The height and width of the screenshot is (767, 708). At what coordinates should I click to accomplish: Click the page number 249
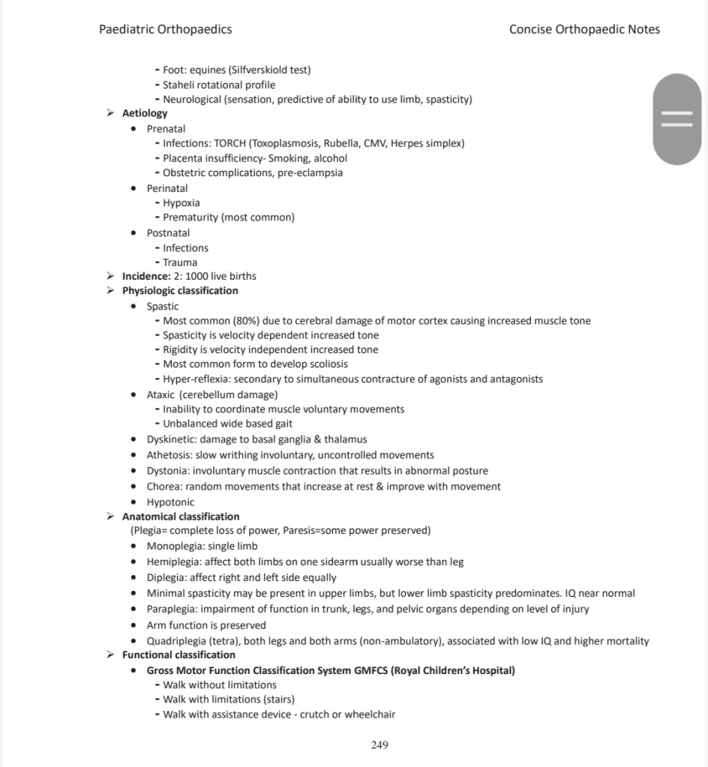[x=379, y=745]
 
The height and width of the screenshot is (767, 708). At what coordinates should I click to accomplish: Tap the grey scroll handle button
[x=676, y=119]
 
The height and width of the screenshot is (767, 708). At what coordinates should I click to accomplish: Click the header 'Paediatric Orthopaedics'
[x=165, y=30]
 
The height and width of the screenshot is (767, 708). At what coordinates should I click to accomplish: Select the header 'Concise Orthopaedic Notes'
[x=584, y=30]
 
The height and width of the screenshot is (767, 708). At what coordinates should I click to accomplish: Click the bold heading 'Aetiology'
[x=145, y=113]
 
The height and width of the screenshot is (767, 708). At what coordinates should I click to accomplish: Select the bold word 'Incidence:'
[x=146, y=276]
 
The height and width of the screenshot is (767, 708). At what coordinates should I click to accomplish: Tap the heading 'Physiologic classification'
[x=180, y=290]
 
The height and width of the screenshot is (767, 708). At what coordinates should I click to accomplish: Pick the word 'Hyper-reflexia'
[x=194, y=379]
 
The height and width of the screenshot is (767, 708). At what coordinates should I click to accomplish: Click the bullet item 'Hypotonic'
[x=170, y=502]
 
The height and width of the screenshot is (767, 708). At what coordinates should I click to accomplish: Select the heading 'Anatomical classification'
[x=181, y=517]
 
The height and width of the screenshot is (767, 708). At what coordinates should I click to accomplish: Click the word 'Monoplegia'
[x=174, y=546]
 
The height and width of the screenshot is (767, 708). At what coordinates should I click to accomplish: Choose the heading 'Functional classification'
[x=178, y=655]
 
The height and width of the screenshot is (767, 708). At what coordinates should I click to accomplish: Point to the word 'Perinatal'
[x=167, y=188]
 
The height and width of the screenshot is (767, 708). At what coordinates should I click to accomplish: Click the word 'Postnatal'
[x=168, y=233]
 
